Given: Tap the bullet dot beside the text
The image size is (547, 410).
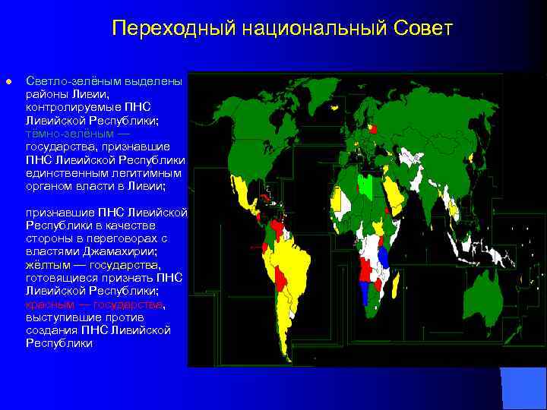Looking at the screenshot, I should point(8,80).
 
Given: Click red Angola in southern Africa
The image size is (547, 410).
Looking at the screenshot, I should point(365,270).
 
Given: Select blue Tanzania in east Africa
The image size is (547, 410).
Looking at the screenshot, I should point(383,257).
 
